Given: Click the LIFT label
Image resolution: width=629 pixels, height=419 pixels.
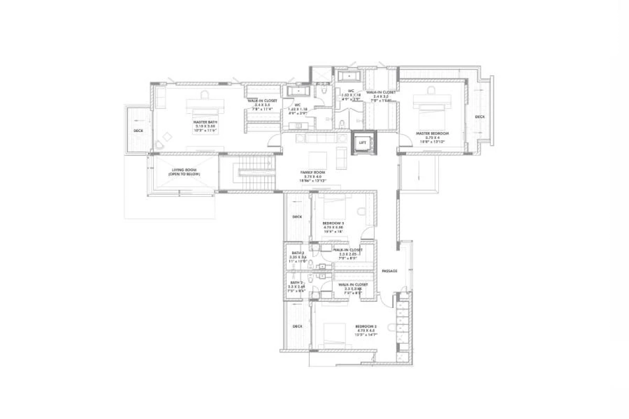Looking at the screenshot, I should click(x=362, y=142).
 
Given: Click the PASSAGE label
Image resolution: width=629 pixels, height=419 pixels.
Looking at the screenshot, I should click(x=389, y=271).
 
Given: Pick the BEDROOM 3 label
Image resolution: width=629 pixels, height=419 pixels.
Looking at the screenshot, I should click(x=333, y=223).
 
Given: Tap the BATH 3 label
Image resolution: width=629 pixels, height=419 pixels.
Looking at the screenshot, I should click(x=297, y=253).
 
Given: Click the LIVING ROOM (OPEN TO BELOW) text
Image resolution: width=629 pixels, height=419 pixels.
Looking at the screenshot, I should click(x=185, y=172).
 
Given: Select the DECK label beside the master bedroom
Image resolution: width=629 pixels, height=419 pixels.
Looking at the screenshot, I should click(x=480, y=117).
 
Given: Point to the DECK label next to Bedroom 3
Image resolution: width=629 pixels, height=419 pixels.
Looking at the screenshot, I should click(x=297, y=216).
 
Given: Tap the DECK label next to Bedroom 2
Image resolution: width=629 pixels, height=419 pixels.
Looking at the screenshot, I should click(x=297, y=326).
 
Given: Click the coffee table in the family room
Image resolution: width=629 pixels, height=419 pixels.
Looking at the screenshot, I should click(x=317, y=159).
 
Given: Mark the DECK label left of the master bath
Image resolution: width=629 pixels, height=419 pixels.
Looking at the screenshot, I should click(x=138, y=131).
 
